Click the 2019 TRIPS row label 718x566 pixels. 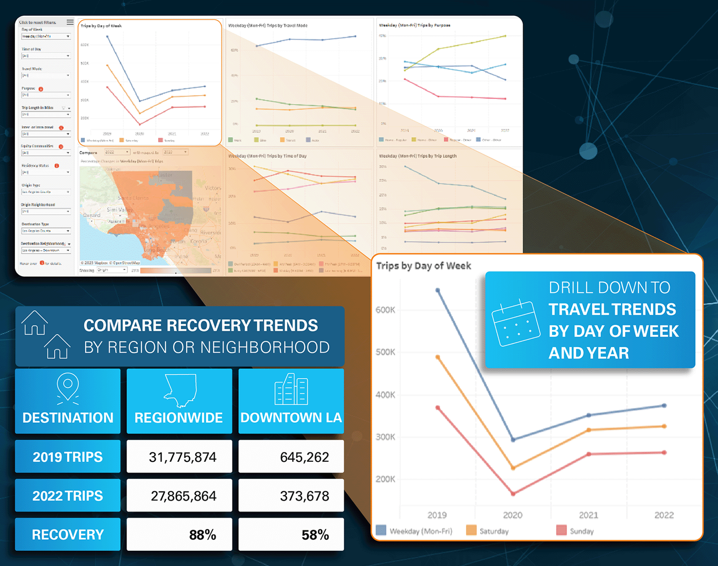[x=67, y=457]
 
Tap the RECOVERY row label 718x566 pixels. [x=67, y=535]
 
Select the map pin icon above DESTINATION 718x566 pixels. [x=68, y=387]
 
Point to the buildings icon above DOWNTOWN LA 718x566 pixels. [x=291, y=389]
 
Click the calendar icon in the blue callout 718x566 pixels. [x=515, y=323]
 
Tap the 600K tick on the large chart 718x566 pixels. [x=385, y=310]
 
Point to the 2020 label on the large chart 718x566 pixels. [x=512, y=515]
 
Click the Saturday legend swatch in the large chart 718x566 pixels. [x=471, y=531]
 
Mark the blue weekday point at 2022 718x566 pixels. [x=664, y=406]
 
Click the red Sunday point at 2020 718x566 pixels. [x=513, y=494]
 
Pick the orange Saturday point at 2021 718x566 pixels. [x=589, y=430]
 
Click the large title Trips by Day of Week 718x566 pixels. [x=423, y=266]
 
